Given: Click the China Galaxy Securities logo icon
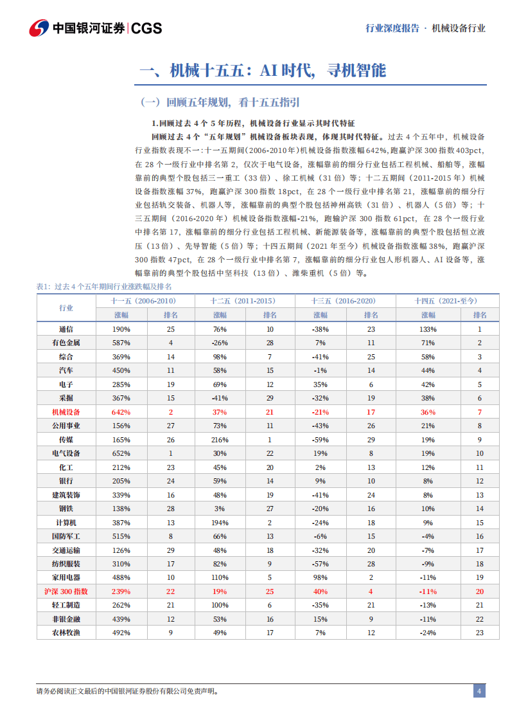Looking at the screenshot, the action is point(39,28).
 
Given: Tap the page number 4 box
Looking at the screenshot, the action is point(479,691).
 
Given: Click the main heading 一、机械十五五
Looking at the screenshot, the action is point(263,71).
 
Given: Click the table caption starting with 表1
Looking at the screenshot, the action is point(105,287).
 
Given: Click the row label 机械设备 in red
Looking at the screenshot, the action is point(66,411).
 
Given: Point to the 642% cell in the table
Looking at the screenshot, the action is point(121,411).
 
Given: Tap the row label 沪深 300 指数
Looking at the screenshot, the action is point(66,591).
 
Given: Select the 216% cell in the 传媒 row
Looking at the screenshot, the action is point(220,439).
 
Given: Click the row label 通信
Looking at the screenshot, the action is point(66,329).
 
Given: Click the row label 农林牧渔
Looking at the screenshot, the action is point(66,632).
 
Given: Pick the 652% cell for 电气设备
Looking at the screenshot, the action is point(121,453).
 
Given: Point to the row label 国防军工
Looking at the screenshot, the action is point(66,536).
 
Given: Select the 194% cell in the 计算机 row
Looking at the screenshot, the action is point(220,522).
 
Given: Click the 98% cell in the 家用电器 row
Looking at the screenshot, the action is point(321,577).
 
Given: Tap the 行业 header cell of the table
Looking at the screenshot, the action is point(66,308).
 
